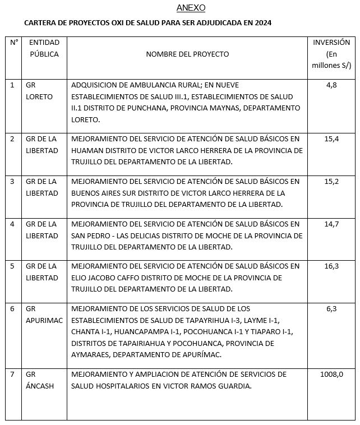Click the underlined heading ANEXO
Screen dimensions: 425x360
click(x=191, y=8)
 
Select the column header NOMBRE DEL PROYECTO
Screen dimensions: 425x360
click(x=187, y=54)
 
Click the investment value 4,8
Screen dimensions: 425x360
click(x=331, y=85)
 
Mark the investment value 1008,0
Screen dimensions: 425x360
click(x=331, y=374)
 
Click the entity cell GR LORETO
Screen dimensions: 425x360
click(x=39, y=91)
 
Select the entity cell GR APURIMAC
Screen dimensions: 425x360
click(x=44, y=315)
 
